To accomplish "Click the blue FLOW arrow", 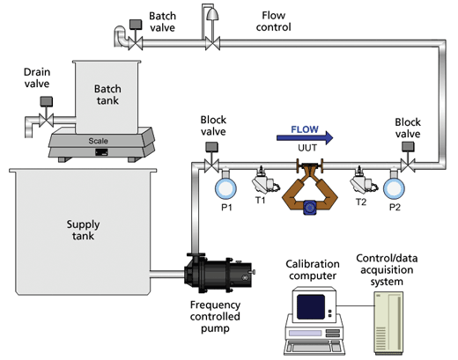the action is (305, 137).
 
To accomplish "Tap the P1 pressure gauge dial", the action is (225, 188).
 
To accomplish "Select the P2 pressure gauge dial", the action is (394, 188).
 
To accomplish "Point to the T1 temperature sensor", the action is (263, 180).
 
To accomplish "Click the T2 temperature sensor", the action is (362, 180).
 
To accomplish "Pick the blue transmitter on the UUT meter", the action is (310, 208).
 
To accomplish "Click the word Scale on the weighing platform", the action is (98, 141).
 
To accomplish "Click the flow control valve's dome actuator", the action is (212, 14).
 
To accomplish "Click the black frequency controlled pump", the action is (218, 274).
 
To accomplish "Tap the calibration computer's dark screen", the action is (311, 306).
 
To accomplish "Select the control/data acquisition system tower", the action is (388, 323).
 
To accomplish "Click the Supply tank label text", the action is (83, 230).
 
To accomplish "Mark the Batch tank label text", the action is (107, 94).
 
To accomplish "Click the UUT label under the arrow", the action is (307, 148).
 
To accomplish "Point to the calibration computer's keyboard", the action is (314, 347).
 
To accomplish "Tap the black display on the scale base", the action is (101, 152).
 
